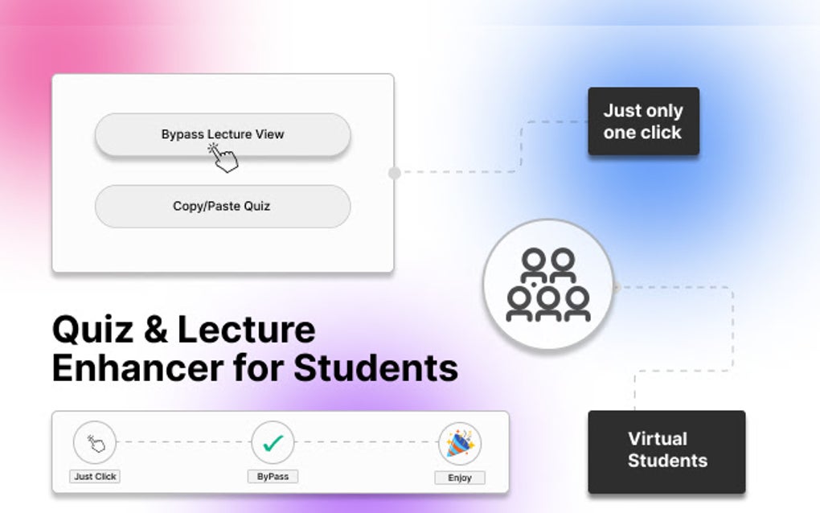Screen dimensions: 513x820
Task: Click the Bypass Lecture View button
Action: [x=223, y=134]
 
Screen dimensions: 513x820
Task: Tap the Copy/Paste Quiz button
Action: [x=223, y=206]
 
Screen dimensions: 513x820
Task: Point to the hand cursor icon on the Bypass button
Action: [x=224, y=157]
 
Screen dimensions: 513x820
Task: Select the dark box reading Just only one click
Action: [x=643, y=121]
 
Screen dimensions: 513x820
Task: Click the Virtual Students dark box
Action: [x=666, y=451]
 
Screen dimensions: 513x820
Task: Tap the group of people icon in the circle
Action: [x=548, y=285]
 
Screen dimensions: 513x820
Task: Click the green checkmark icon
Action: [x=273, y=442]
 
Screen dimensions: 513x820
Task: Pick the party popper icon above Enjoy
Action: [x=460, y=443]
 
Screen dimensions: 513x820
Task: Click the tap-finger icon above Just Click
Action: [x=95, y=442]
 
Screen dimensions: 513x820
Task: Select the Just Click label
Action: [x=95, y=476]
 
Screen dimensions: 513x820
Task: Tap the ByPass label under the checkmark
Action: [x=273, y=476]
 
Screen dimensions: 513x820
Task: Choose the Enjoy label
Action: [x=460, y=478]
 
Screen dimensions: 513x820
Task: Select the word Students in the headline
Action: [x=375, y=368]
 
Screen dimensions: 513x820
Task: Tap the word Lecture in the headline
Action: [x=246, y=330]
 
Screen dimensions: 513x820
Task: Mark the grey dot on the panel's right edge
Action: [x=394, y=173]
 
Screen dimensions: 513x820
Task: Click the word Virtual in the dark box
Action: [x=657, y=439]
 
